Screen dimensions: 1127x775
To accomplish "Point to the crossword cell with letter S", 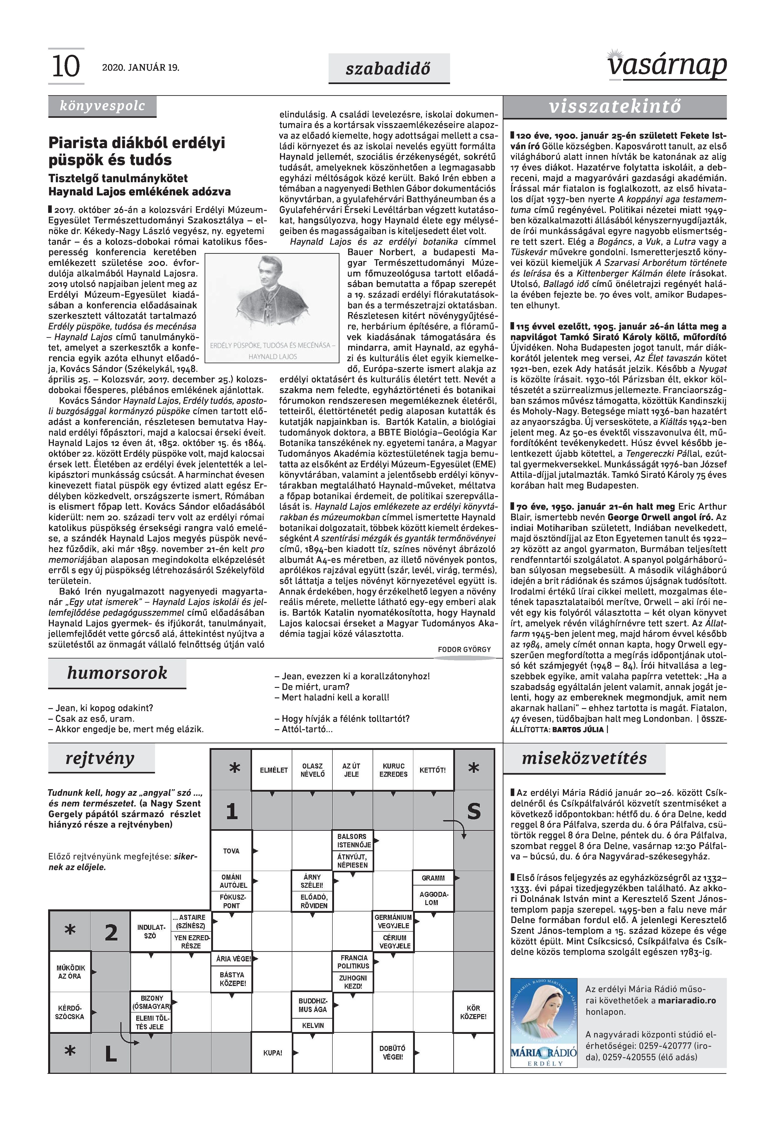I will click(x=474, y=811).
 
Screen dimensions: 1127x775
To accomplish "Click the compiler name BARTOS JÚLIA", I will click(x=578, y=730).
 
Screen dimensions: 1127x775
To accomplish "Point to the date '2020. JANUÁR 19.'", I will click(x=140, y=67).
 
